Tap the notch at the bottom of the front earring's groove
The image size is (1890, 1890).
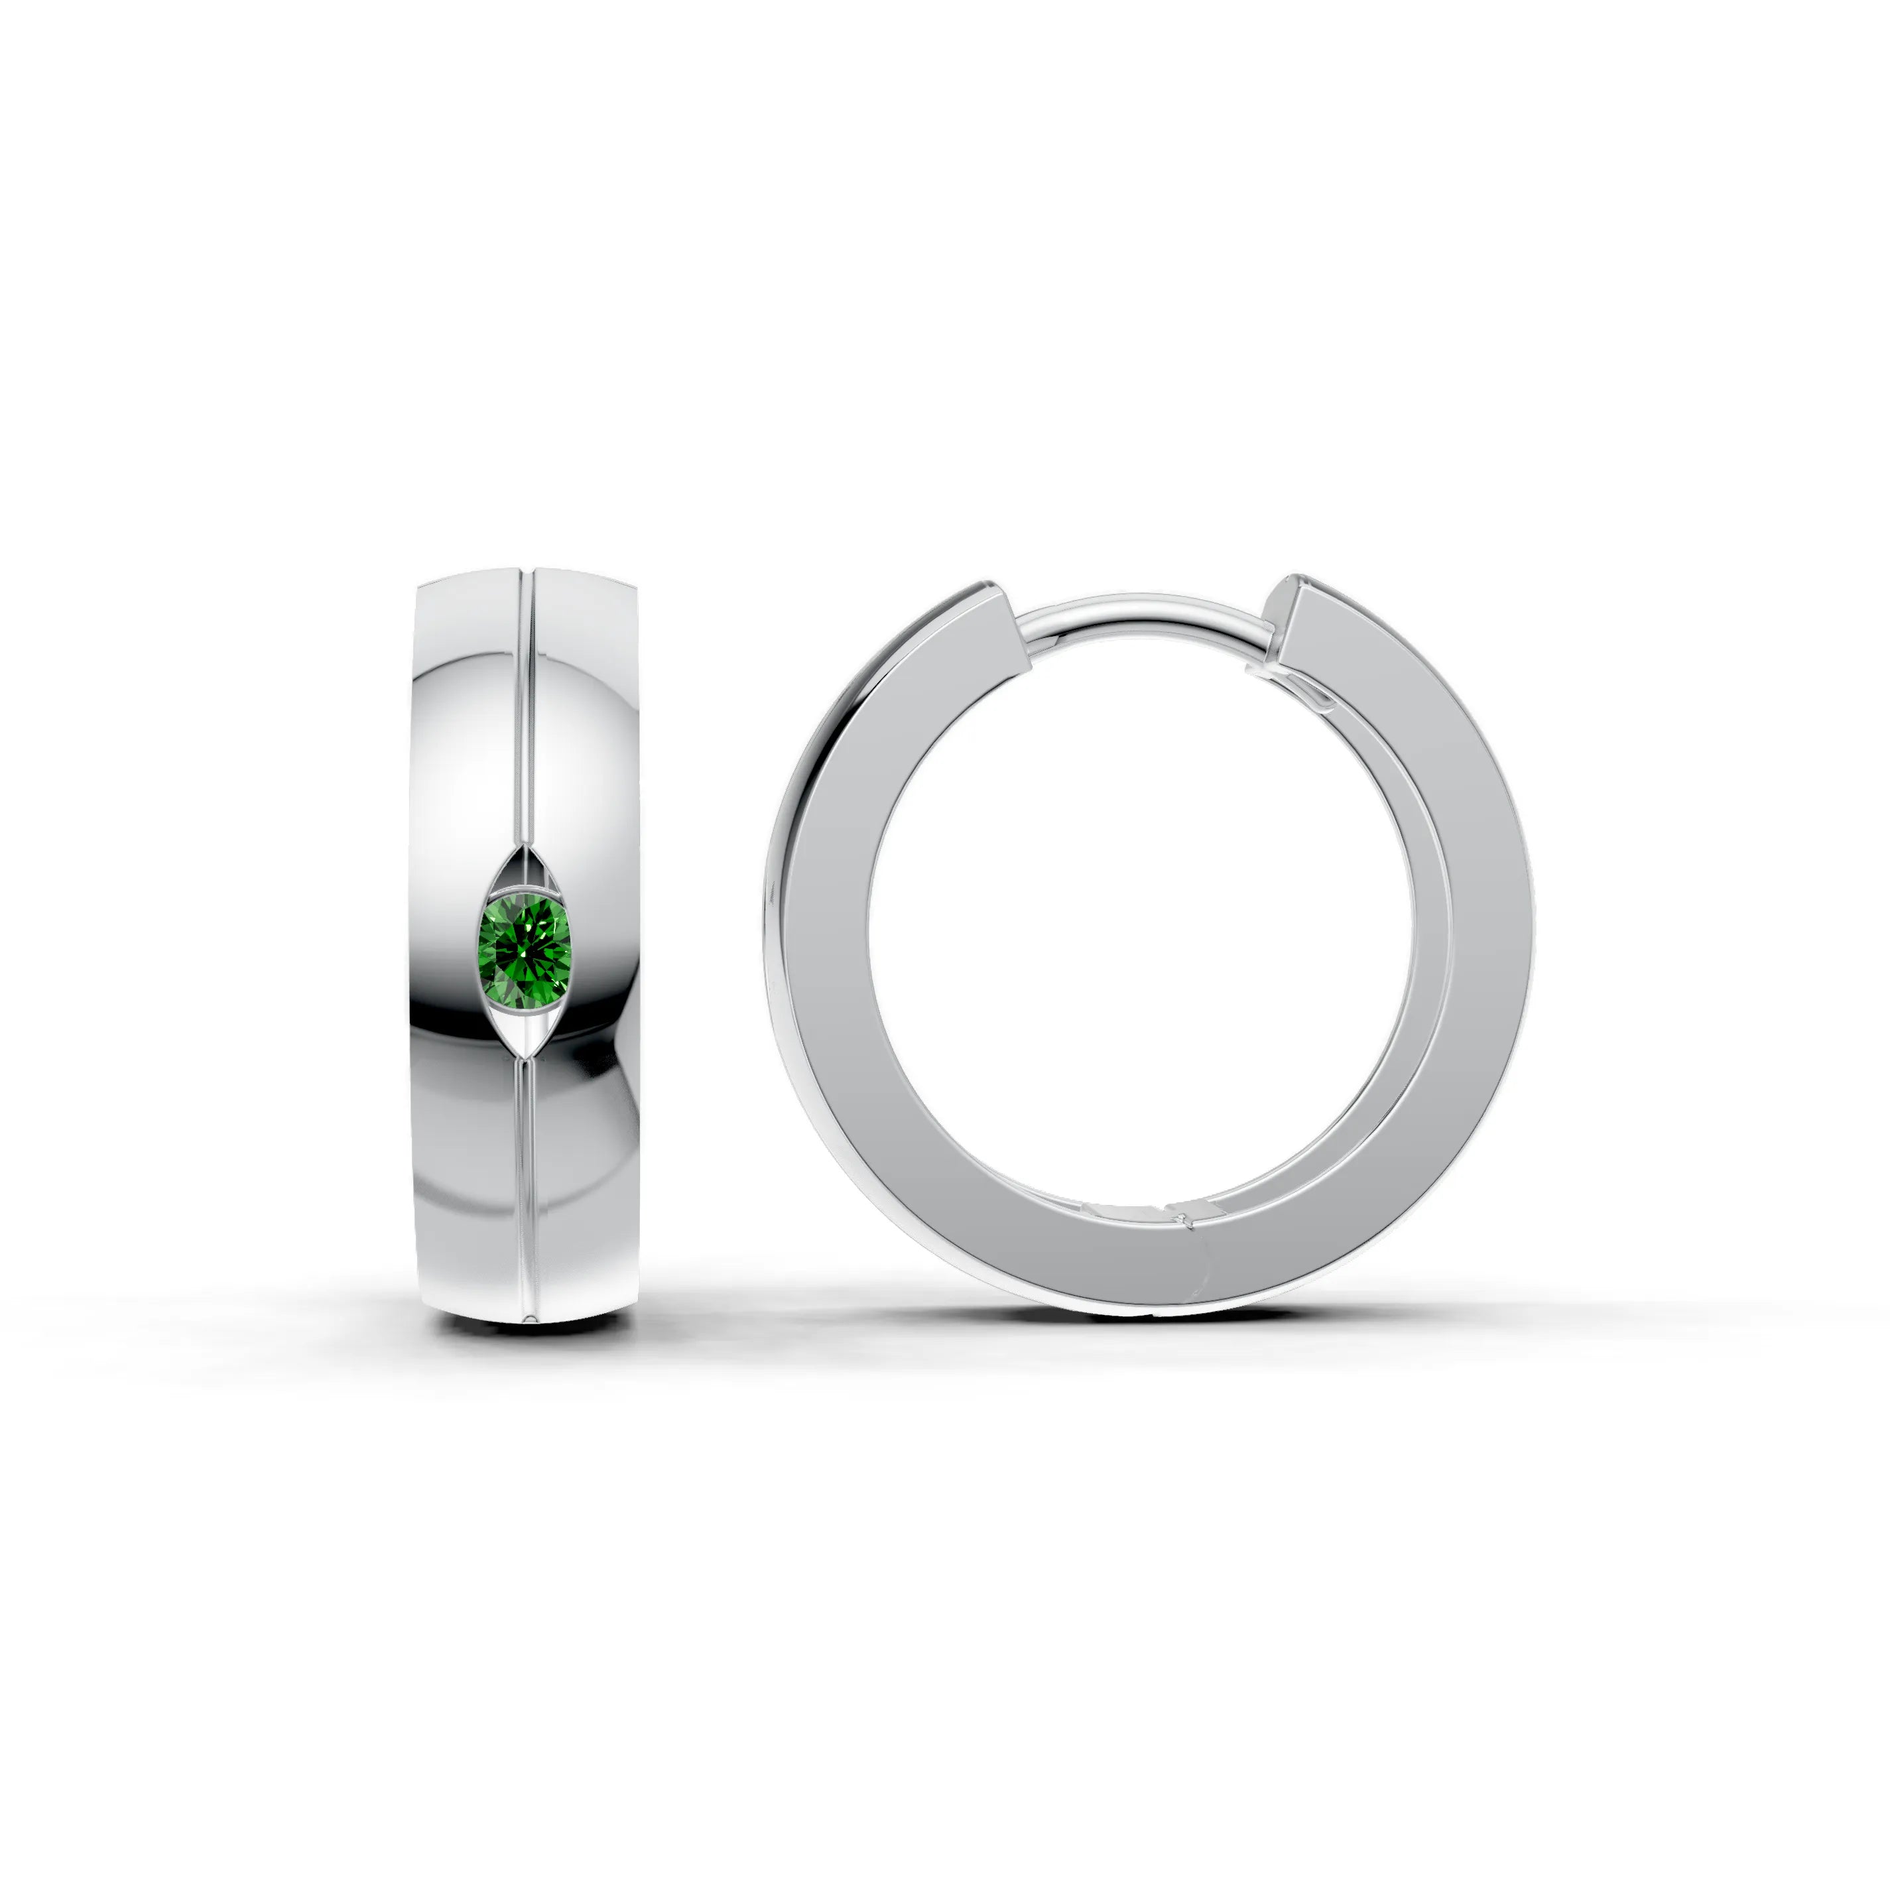[x=529, y=1316]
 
